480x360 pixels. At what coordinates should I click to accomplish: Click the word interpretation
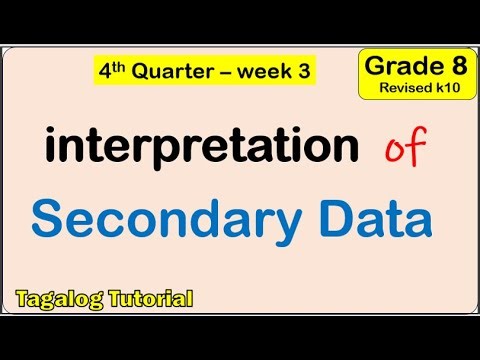click(x=201, y=148)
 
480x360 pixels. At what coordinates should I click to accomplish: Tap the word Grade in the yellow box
click(x=397, y=68)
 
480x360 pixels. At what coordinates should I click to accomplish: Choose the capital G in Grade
click(x=374, y=68)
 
